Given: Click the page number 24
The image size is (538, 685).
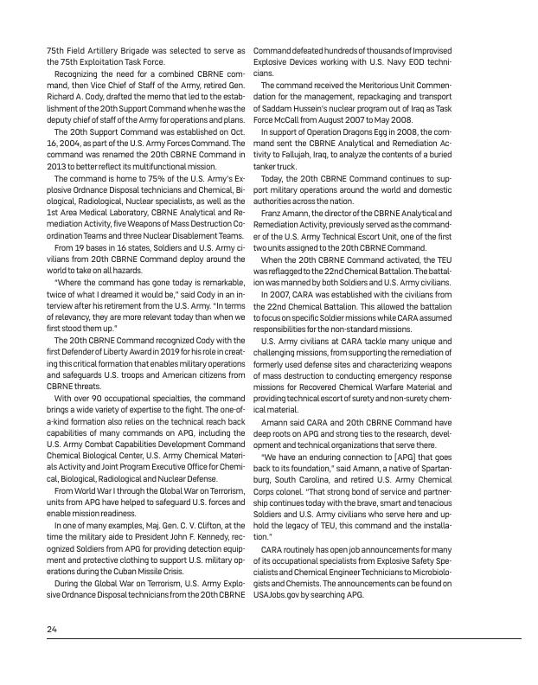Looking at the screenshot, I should pyautogui.click(x=52, y=628).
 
